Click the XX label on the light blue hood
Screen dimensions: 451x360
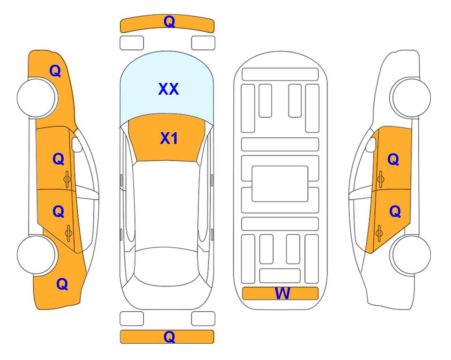pyautogui.click(x=169, y=89)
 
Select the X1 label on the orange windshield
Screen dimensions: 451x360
pyautogui.click(x=169, y=138)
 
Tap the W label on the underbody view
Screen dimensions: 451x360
pyautogui.click(x=282, y=293)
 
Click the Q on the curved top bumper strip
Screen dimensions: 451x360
pyautogui.click(x=170, y=22)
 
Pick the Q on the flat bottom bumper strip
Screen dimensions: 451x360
pyautogui.click(x=170, y=337)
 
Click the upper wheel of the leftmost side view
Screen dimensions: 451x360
pyautogui.click(x=37, y=97)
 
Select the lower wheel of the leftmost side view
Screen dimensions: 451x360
pyautogui.click(x=37, y=255)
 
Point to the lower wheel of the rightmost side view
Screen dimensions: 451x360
pyautogui.click(x=411, y=255)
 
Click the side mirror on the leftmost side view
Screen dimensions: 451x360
pyautogui.click(x=77, y=144)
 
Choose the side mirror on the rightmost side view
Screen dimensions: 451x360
pyautogui.click(x=371, y=144)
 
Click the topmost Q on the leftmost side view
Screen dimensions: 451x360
pyautogui.click(x=55, y=71)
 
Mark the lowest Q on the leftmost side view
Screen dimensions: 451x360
pyautogui.click(x=62, y=284)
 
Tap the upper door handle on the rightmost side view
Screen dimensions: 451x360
pyautogui.click(x=380, y=179)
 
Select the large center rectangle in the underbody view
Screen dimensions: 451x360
pyautogui.click(x=280, y=184)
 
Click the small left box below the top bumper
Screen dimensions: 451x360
pyautogui.click(x=132, y=43)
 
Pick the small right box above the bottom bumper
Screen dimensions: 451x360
pyautogui.click(x=203, y=319)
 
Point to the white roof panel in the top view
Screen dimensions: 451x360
pyautogui.click(x=166, y=204)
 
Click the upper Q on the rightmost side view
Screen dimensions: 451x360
pyautogui.click(x=393, y=159)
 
